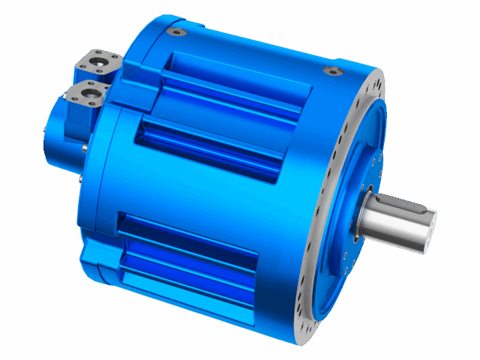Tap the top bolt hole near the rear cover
pyautogui.click(x=178, y=32)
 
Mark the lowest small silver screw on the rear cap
pyautogui.click(x=79, y=180)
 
